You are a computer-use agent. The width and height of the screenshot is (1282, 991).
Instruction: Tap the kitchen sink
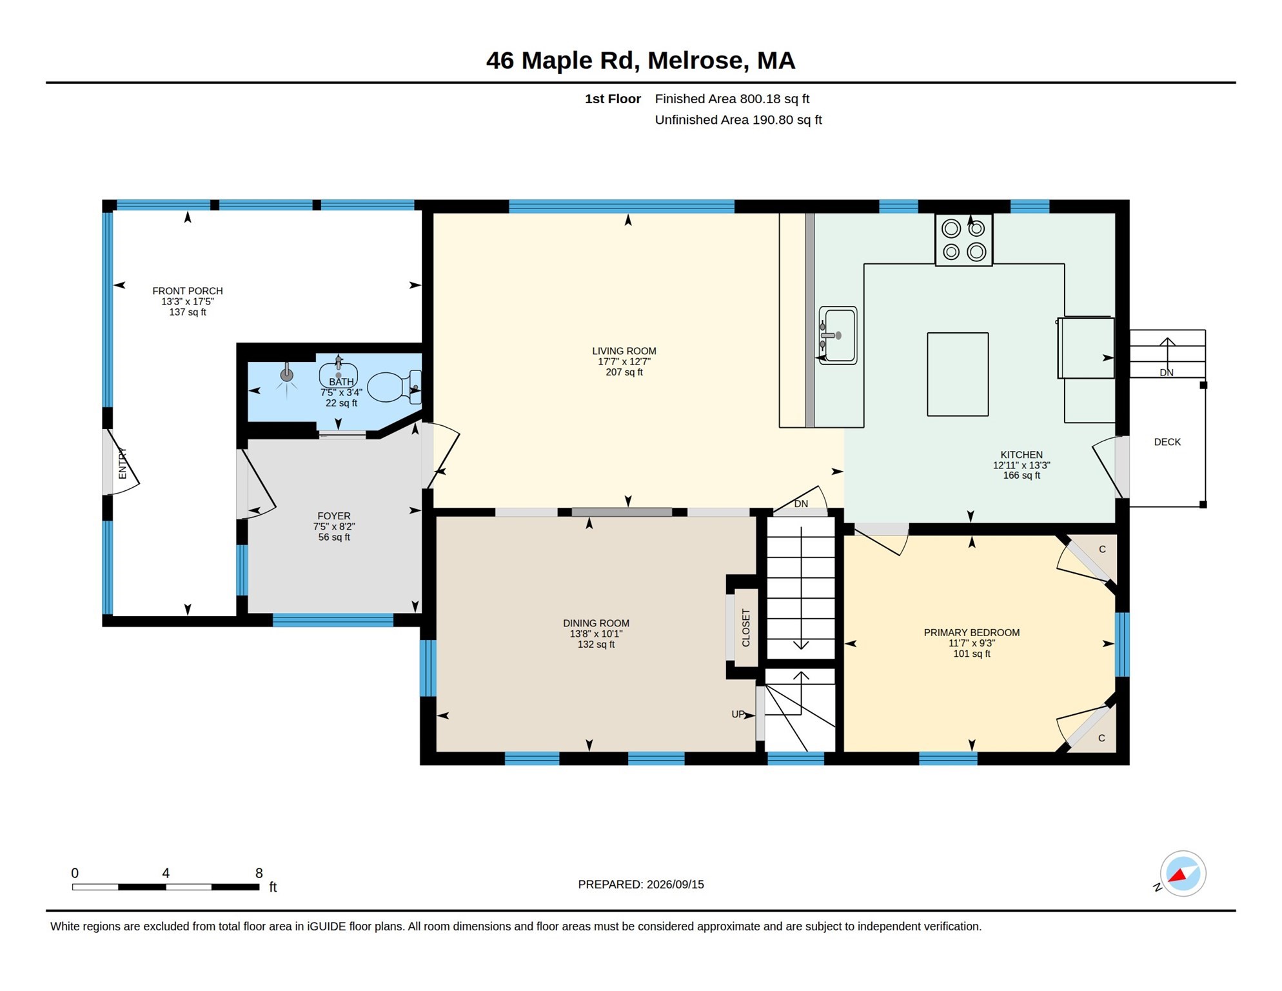pyautogui.click(x=838, y=335)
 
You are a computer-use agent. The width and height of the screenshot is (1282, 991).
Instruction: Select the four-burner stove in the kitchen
pyautogui.click(x=963, y=239)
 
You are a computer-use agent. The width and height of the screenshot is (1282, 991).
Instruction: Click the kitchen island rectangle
pyautogui.click(x=958, y=374)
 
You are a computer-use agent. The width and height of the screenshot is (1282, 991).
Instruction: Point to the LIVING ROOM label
pyautogui.click(x=624, y=351)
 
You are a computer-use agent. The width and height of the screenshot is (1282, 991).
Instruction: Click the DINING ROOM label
pyautogui.click(x=596, y=623)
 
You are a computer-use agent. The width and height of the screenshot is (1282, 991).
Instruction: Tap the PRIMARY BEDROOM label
pyautogui.click(x=972, y=632)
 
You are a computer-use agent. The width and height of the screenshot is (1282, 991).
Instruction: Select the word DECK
pyautogui.click(x=1167, y=442)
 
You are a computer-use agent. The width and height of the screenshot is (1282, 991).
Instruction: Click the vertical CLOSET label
pyautogui.click(x=746, y=628)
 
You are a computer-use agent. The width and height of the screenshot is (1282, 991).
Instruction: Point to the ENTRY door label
pyautogui.click(x=123, y=463)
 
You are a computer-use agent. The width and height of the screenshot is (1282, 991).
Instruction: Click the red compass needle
pyautogui.click(x=1178, y=876)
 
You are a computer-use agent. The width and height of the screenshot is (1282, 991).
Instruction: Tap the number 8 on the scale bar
pyautogui.click(x=259, y=873)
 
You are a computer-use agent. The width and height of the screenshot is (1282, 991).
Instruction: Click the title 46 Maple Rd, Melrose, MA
pyautogui.click(x=640, y=61)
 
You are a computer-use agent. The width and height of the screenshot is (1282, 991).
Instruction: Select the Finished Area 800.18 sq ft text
pyautogui.click(x=732, y=99)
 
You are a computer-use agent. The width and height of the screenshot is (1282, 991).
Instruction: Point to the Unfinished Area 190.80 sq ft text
pyautogui.click(x=738, y=120)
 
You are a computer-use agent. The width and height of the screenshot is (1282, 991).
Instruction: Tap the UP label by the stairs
pyautogui.click(x=738, y=714)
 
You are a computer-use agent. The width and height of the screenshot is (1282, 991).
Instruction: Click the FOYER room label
pyautogui.click(x=334, y=516)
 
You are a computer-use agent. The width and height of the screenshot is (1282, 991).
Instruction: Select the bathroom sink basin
pyautogui.click(x=339, y=375)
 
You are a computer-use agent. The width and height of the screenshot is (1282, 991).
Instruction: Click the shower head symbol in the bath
pyautogui.click(x=287, y=375)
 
